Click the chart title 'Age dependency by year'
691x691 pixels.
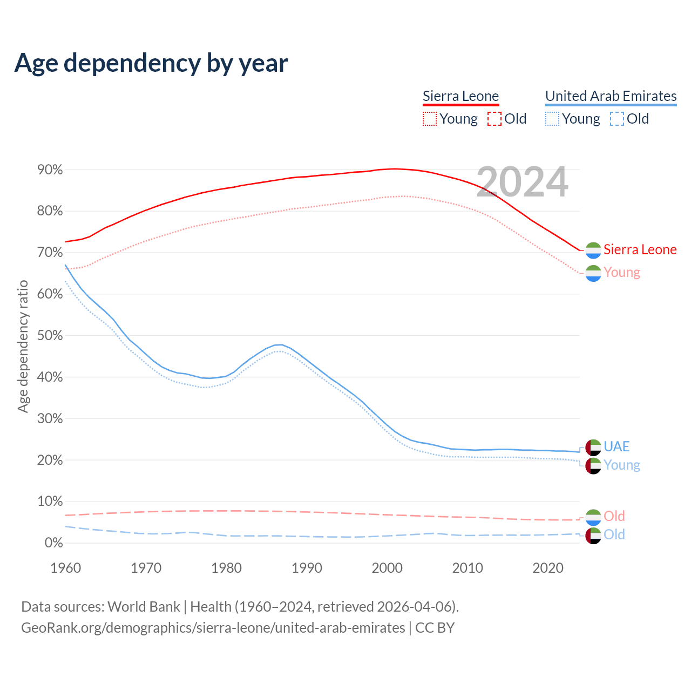(x=151, y=63)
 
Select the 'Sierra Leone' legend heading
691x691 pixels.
(x=460, y=96)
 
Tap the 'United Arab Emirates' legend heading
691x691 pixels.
(x=611, y=96)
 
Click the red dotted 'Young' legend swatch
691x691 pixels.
(x=430, y=119)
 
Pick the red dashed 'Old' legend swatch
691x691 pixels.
(x=494, y=119)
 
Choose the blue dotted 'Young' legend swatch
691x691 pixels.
(x=552, y=119)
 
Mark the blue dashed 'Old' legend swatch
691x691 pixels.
(x=617, y=119)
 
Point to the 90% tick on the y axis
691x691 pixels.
(x=50, y=170)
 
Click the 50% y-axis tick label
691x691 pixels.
(x=50, y=336)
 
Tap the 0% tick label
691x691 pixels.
(x=53, y=543)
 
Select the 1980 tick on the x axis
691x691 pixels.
(x=226, y=568)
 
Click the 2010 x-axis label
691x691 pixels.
(x=468, y=568)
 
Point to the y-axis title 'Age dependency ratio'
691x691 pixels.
(x=23, y=347)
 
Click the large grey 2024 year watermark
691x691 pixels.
(x=522, y=182)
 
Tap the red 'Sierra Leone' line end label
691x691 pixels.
(x=640, y=249)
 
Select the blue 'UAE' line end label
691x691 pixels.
(x=617, y=446)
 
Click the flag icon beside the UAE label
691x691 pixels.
(x=593, y=447)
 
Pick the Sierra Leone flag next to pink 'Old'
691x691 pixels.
(x=593, y=518)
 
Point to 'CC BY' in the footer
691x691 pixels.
(x=435, y=628)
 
